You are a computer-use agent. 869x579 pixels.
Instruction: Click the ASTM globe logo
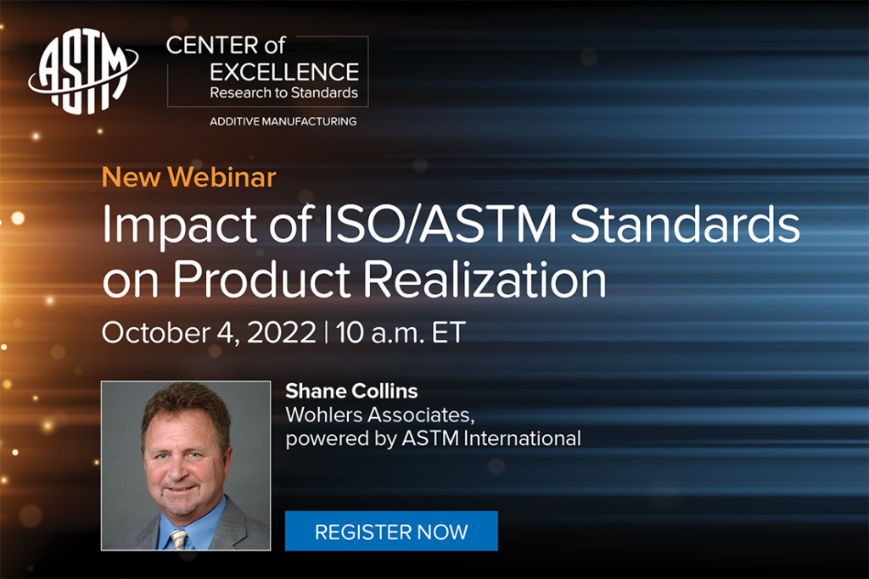[x=83, y=71]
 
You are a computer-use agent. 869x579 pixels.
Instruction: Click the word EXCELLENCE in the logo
[x=284, y=72]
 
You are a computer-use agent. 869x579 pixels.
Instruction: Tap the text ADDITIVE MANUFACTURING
[x=283, y=121]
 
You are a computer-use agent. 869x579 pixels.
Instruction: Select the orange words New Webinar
[x=189, y=177]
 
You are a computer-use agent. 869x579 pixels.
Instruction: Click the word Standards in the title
[x=685, y=224]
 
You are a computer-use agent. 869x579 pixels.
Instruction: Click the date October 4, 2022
[x=209, y=332]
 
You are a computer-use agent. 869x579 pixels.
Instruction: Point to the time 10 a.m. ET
[x=401, y=332]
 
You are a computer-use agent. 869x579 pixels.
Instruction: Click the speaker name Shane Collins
[x=351, y=392]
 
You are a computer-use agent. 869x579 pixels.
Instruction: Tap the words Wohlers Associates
[x=380, y=415]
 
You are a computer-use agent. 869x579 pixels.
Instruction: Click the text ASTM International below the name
[x=491, y=438]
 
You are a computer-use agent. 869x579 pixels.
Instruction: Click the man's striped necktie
[x=178, y=539]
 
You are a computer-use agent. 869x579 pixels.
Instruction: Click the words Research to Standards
[x=283, y=92]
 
